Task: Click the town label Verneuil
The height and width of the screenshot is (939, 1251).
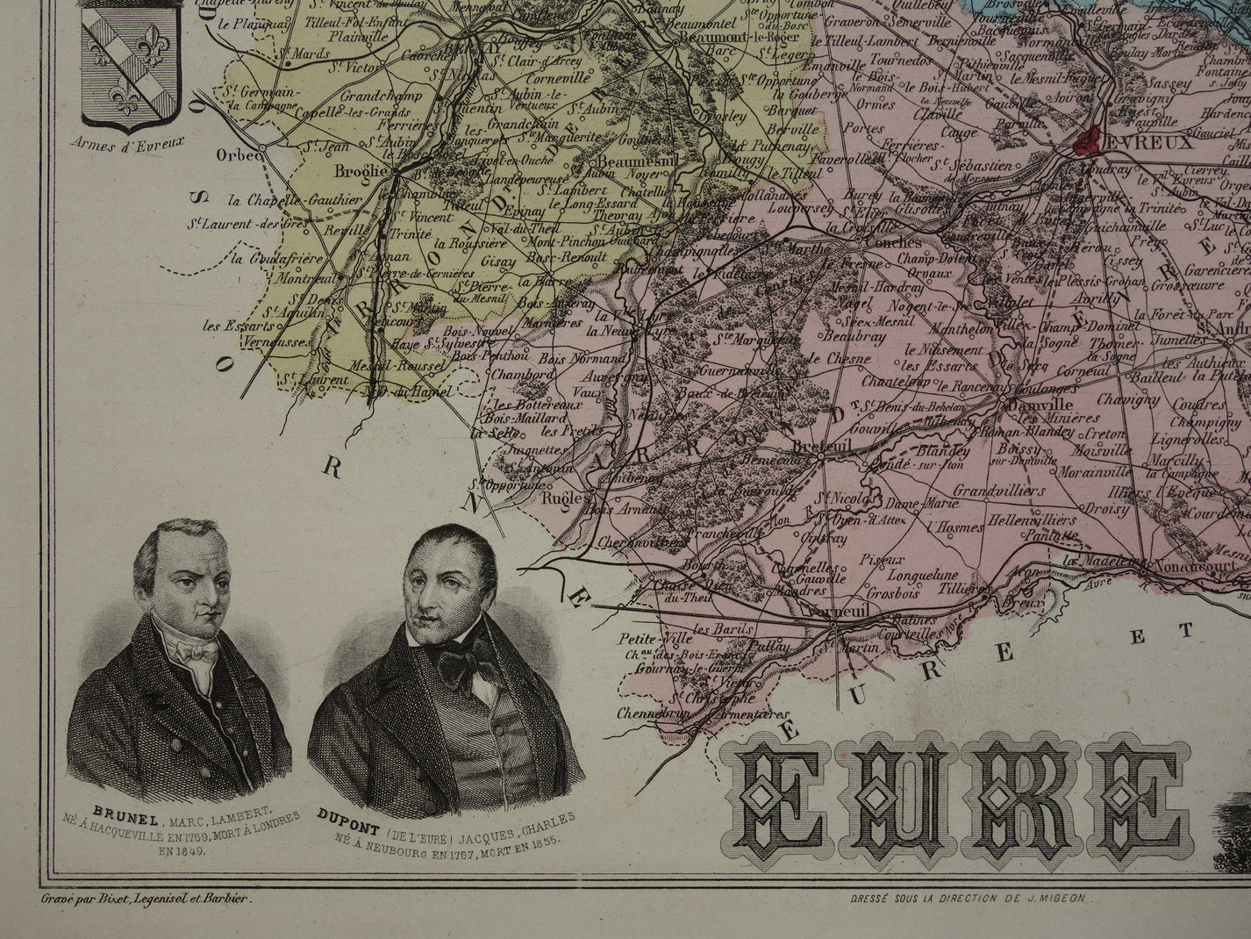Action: pyautogui.click(x=836, y=612)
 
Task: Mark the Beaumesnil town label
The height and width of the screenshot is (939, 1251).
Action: pyautogui.click(x=629, y=162)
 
